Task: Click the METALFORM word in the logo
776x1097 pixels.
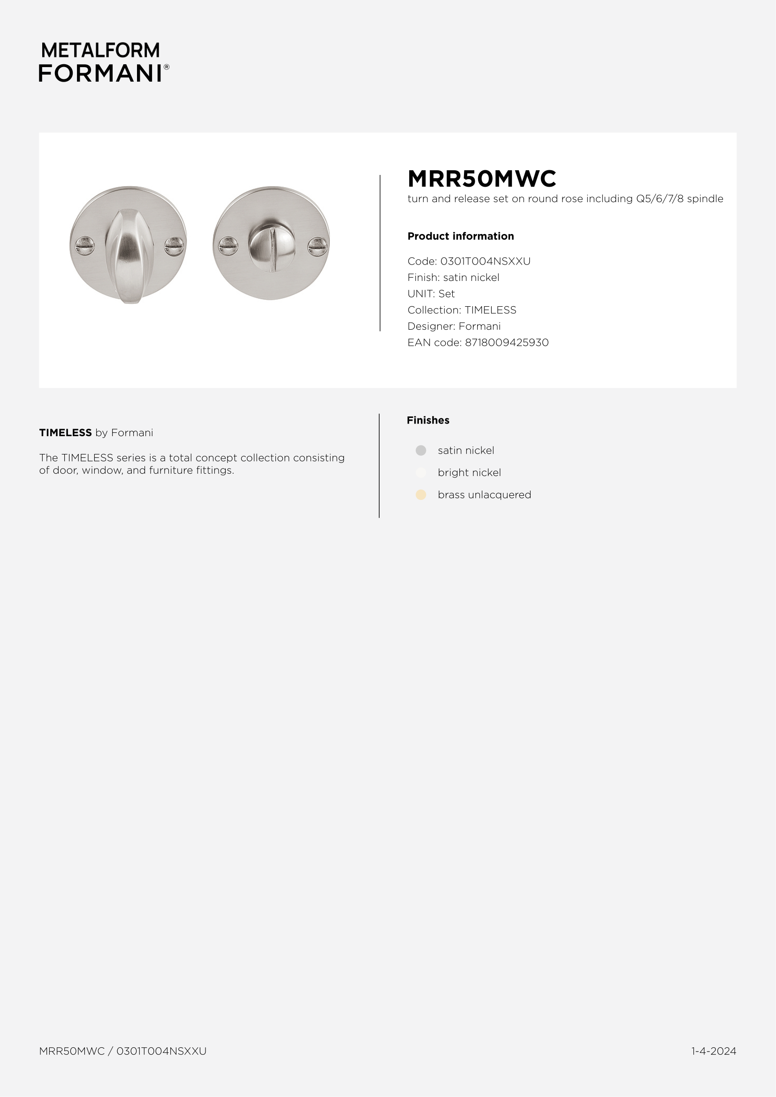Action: click(x=100, y=50)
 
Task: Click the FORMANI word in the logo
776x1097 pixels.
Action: click(x=100, y=73)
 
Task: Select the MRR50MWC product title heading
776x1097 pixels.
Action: click(x=482, y=179)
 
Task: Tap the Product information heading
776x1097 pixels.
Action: click(x=461, y=236)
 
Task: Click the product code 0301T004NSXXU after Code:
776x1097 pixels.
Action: click(x=485, y=261)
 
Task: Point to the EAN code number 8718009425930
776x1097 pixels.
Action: click(x=507, y=342)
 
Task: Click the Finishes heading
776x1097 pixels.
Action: click(x=428, y=420)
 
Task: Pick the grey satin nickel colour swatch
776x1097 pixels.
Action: click(x=420, y=451)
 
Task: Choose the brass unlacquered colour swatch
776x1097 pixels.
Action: click(x=420, y=495)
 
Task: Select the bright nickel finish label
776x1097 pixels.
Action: click(x=469, y=473)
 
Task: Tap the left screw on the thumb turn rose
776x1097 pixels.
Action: click(x=85, y=246)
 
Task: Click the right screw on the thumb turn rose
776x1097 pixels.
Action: click(x=174, y=246)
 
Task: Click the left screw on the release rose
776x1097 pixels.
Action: click(x=228, y=246)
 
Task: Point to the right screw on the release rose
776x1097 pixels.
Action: click(x=317, y=246)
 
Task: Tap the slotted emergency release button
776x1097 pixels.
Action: click(x=271, y=243)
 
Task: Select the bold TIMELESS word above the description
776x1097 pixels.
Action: click(x=66, y=433)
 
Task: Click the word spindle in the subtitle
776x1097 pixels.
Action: click(x=705, y=199)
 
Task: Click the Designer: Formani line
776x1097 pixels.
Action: click(x=454, y=326)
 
